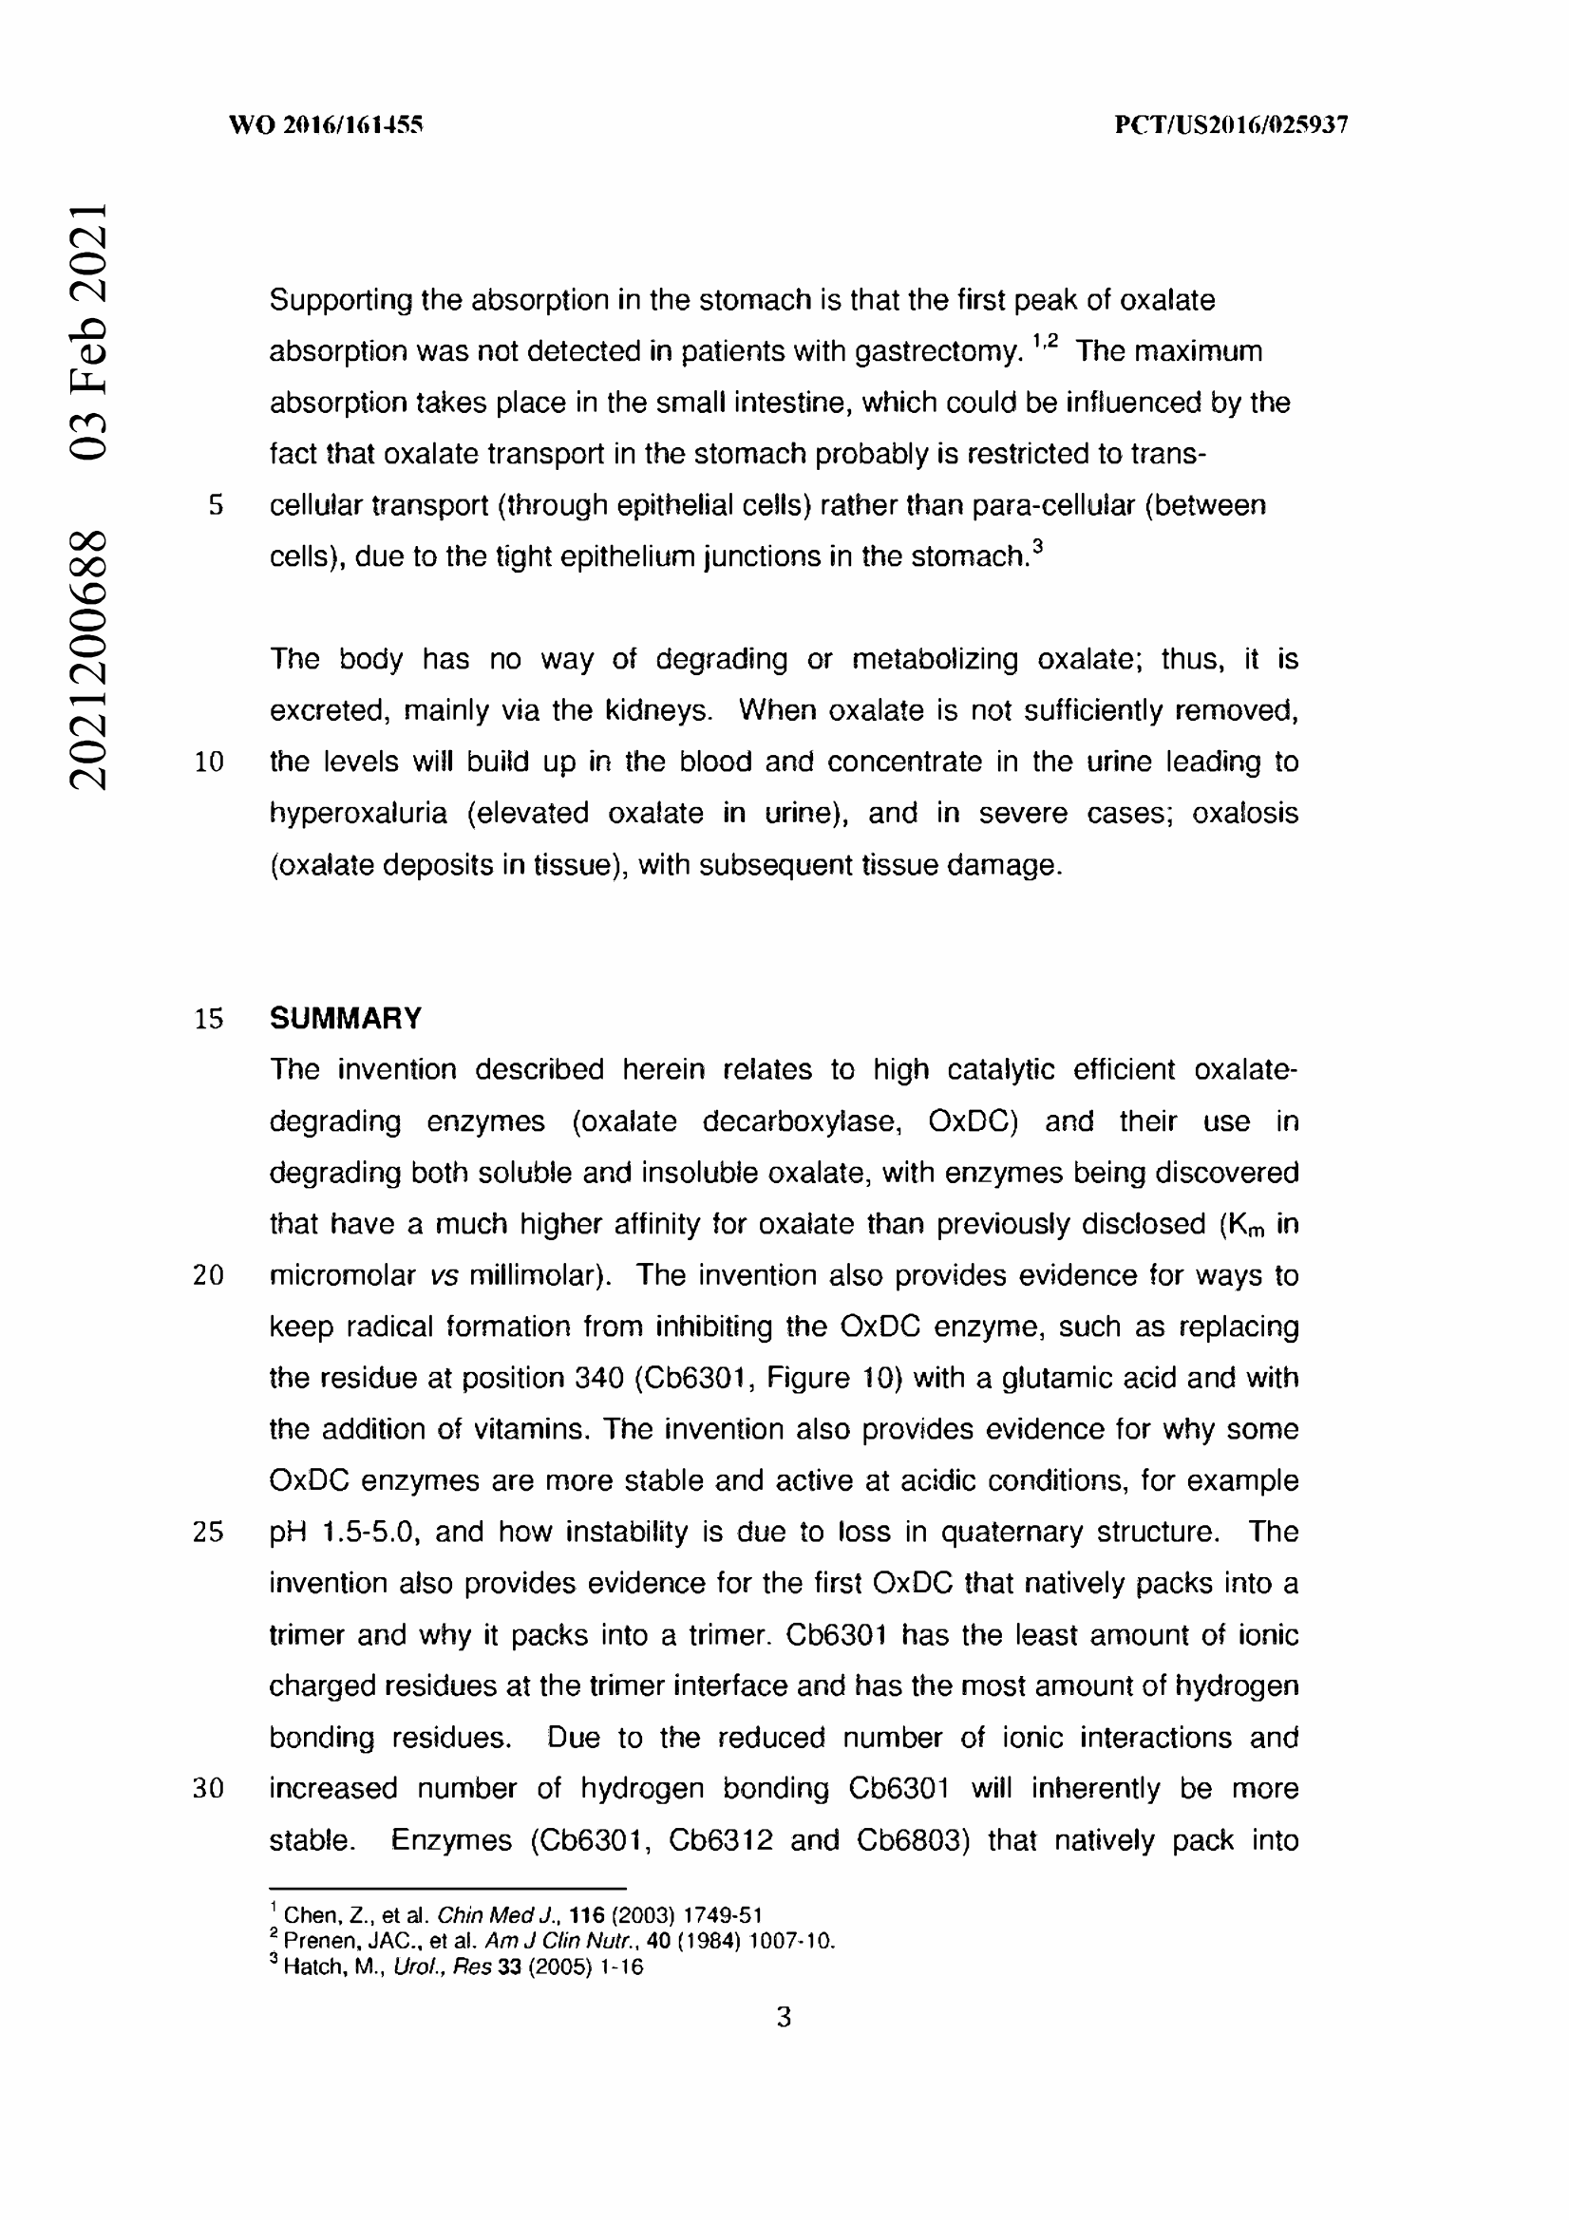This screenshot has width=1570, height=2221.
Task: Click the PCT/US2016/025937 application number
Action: [x=1231, y=124]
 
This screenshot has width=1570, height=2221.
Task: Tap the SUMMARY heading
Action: [x=346, y=1019]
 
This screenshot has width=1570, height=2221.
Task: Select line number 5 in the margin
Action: [x=216, y=505]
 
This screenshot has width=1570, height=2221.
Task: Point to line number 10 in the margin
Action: [x=209, y=762]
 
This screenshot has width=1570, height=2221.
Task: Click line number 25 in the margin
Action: [x=209, y=1533]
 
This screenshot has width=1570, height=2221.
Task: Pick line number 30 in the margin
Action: [x=209, y=1789]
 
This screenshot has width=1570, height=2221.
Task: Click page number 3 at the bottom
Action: [x=784, y=2018]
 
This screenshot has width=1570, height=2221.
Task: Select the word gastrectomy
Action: [x=938, y=352]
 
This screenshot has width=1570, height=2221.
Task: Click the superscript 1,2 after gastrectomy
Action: [x=1046, y=341]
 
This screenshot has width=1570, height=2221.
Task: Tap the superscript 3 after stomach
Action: [x=1038, y=547]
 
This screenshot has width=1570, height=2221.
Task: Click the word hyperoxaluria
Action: [x=358, y=814]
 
